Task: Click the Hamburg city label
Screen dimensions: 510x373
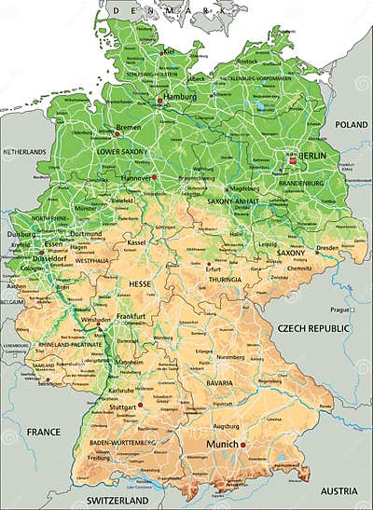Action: click(180, 97)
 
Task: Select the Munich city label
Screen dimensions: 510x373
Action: click(223, 445)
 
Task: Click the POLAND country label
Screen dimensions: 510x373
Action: click(352, 124)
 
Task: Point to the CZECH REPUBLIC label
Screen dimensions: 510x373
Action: click(312, 329)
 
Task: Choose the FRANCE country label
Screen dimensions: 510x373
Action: click(44, 432)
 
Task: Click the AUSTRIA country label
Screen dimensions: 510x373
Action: click(338, 490)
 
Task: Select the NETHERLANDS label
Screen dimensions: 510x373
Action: click(23, 151)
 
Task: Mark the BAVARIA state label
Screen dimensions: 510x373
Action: click(220, 383)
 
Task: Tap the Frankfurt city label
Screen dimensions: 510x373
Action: click(131, 317)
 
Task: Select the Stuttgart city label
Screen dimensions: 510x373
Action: click(124, 407)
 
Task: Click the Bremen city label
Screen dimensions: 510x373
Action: click(129, 128)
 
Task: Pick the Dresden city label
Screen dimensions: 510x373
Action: click(327, 248)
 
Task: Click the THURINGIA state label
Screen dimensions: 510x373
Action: click(225, 279)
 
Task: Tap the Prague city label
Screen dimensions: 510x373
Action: click(338, 309)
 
